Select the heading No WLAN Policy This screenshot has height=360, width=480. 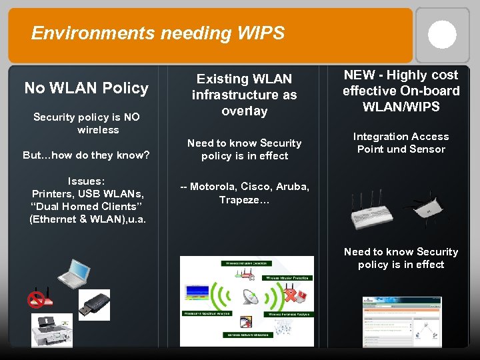(x=87, y=88)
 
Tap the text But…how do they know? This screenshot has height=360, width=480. (x=86, y=155)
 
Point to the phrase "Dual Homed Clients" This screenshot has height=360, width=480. (x=86, y=207)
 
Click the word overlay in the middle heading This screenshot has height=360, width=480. (x=244, y=111)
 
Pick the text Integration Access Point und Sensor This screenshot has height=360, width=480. (x=401, y=143)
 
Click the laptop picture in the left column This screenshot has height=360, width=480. (x=74, y=272)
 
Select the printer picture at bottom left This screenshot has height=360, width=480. (x=52, y=329)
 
